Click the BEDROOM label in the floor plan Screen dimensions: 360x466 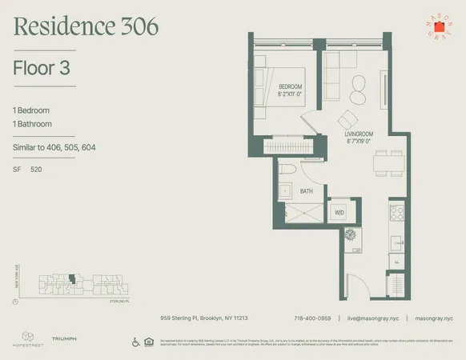[x=290, y=86]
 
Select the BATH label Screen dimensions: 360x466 [x=307, y=191]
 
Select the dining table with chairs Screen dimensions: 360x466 [x=388, y=162]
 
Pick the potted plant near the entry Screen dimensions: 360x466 [x=351, y=236]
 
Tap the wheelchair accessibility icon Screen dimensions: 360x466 [x=135, y=342]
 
